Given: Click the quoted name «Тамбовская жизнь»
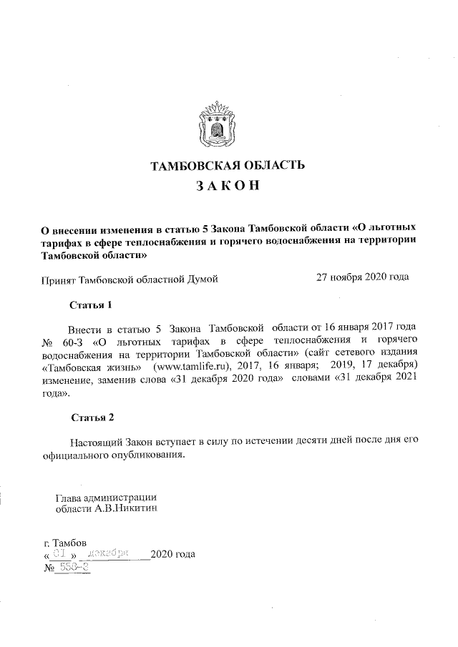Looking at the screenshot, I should coord(86,367).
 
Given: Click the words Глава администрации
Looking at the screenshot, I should coord(105,497).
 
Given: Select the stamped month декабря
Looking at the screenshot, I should coord(107,553).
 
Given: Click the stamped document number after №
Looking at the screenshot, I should coord(74,566).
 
